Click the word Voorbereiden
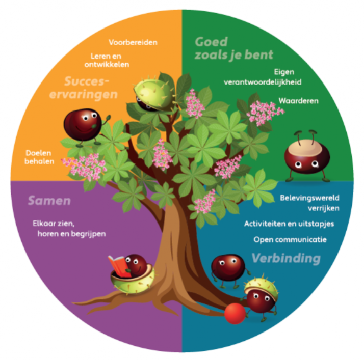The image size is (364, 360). (133, 42)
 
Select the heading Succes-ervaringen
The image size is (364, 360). (91, 88)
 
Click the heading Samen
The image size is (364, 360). (49, 201)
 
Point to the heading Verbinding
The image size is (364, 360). (285, 258)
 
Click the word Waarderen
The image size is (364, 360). (298, 100)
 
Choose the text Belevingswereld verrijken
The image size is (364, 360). (309, 203)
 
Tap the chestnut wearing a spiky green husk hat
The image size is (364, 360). (261, 295)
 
